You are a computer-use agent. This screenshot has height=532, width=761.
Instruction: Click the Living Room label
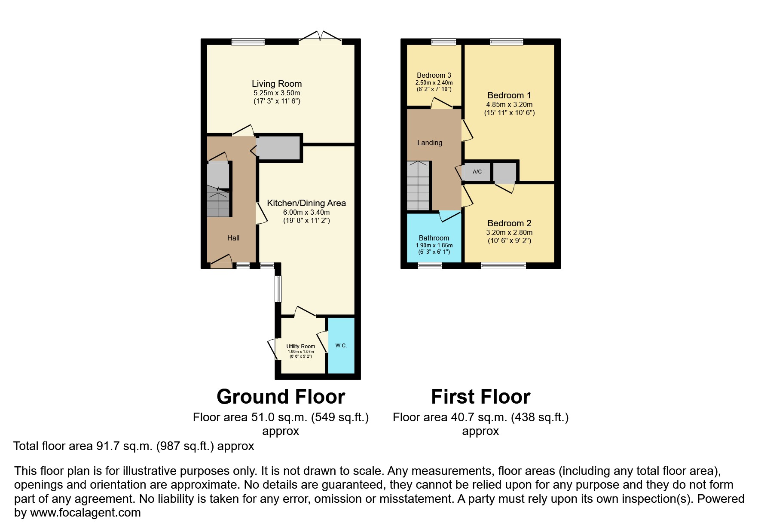tap(277, 84)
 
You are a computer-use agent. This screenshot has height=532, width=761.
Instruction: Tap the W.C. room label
tap(341, 346)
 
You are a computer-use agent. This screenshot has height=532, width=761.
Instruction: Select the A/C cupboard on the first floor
tap(477, 172)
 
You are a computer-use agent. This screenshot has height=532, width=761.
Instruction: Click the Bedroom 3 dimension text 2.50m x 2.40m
tap(434, 83)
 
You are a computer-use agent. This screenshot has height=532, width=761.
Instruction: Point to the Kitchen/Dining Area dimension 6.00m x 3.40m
tap(306, 212)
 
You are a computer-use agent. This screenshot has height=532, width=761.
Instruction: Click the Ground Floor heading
tap(281, 397)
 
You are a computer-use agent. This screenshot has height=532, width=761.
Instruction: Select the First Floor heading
tap(480, 397)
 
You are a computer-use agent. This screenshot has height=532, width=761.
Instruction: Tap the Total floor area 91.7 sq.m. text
tap(134, 446)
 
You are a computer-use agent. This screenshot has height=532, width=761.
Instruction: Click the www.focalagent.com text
tap(85, 513)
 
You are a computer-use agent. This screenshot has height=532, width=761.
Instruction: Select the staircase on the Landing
tap(418, 185)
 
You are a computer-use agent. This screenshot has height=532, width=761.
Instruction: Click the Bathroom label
tap(434, 238)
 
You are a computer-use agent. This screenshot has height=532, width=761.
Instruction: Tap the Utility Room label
tap(301, 347)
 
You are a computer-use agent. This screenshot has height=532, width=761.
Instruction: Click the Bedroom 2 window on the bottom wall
tap(503, 266)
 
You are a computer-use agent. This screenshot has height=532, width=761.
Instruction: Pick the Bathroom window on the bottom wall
tap(430, 266)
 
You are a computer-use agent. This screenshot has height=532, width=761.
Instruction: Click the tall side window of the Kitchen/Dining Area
tap(278, 289)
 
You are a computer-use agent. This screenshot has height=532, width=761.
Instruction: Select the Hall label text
tap(233, 238)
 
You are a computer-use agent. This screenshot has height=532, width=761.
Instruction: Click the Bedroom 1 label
tap(509, 95)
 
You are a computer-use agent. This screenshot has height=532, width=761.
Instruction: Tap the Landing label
tap(430, 143)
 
